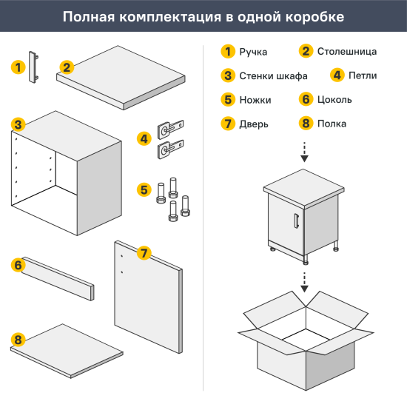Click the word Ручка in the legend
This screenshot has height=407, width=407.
coord(254,52)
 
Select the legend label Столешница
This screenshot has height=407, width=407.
coord(346,52)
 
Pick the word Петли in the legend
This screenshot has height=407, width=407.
coord(363,75)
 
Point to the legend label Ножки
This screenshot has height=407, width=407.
coord(255,99)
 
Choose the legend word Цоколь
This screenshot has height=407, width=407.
coord(334,99)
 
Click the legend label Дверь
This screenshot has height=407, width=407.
coord(254,124)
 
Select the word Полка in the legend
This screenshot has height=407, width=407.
coord(332,124)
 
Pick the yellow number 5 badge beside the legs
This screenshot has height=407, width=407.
coord(144,190)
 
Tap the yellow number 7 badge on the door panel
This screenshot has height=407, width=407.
coord(144,253)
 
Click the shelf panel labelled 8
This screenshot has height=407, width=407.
coord(70,351)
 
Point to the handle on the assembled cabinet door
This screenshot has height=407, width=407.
coord(296,221)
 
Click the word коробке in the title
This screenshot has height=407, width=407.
coord(314,16)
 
